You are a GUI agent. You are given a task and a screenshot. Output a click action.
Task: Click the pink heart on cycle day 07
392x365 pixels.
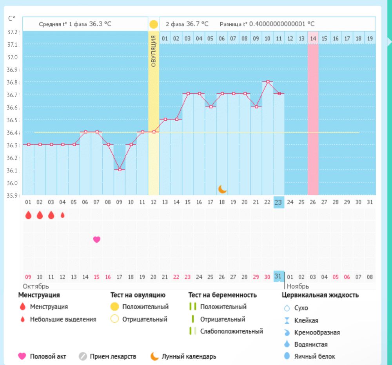click(96, 240)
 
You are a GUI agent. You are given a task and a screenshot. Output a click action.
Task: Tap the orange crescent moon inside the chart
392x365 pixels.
click(222, 189)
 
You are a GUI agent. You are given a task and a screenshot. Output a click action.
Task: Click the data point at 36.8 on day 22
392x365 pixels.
click(267, 82)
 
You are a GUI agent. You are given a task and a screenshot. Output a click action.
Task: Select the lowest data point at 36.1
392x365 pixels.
click(119, 169)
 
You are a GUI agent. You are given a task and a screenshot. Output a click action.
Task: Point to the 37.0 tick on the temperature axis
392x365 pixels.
click(13, 57)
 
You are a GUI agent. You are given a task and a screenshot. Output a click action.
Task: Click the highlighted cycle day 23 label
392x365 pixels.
click(278, 202)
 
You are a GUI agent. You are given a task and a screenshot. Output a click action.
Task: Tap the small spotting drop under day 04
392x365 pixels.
click(62, 215)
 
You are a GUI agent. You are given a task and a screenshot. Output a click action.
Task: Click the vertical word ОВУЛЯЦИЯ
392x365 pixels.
click(153, 51)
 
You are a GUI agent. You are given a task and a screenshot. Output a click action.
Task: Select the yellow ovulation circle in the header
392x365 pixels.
click(154, 24)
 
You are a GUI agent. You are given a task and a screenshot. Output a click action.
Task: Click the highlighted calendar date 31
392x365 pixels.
click(278, 276)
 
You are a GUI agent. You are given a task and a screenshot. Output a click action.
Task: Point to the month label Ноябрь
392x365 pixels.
click(298, 286)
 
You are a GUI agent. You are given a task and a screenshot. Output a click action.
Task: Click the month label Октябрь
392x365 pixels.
click(36, 286)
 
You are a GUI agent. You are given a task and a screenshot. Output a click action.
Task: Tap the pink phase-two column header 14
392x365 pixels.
click(313, 38)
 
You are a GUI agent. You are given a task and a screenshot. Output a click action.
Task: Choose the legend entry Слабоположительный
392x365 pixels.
click(231, 331)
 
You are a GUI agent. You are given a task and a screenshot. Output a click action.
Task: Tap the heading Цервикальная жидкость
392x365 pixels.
click(320, 295)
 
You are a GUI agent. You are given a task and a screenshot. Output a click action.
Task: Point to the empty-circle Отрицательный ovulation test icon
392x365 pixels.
click(114, 319)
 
